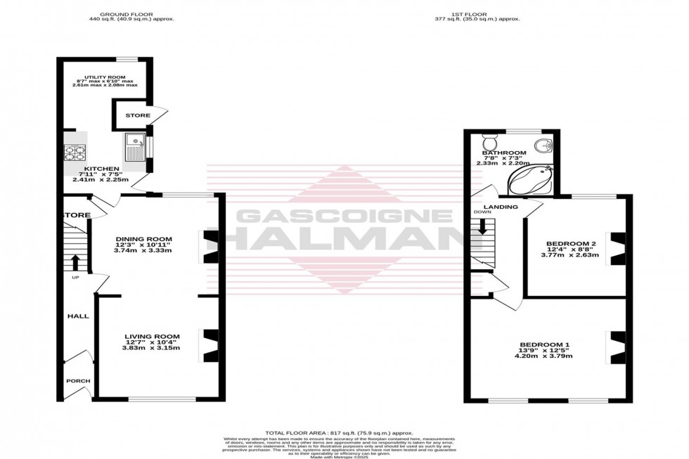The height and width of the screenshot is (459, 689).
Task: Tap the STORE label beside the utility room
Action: tap(138, 115)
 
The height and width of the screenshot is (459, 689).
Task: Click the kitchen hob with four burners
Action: tap(74, 152)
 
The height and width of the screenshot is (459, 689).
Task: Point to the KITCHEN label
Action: tap(101, 169)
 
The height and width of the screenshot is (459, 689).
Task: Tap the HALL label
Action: tap(78, 316)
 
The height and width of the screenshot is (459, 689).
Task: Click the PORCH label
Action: tap(78, 381)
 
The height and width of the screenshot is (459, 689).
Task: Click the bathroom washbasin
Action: tap(543, 146)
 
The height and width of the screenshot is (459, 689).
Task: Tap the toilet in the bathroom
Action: tap(490, 138)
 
